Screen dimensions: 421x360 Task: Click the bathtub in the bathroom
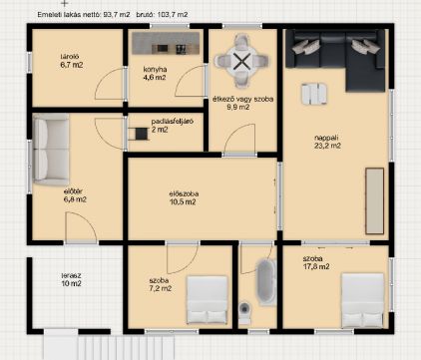[x=266, y=282]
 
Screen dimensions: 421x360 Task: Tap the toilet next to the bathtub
[x=245, y=312]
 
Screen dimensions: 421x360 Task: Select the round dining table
[x=241, y=61]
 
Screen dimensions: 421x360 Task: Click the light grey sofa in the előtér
[x=51, y=150]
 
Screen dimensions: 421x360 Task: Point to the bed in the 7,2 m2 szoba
[x=208, y=299]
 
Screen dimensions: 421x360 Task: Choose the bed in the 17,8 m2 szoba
[x=363, y=300]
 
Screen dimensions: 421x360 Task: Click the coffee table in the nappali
[x=314, y=94]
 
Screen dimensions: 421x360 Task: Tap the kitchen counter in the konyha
[x=166, y=43]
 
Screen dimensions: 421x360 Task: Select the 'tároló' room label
[x=70, y=57]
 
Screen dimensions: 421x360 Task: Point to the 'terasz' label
[x=71, y=275]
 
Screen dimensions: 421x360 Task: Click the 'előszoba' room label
[x=184, y=193]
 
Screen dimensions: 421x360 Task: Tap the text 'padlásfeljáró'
[x=173, y=122]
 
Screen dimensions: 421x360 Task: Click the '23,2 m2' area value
[x=327, y=146]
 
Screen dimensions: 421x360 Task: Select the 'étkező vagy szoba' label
[x=243, y=99]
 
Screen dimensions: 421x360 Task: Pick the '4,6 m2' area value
[x=155, y=78]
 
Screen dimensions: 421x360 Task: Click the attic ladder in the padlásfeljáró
[x=138, y=134]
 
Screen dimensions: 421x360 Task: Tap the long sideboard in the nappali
[x=375, y=201]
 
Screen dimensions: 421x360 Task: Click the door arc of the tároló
[x=105, y=84]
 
